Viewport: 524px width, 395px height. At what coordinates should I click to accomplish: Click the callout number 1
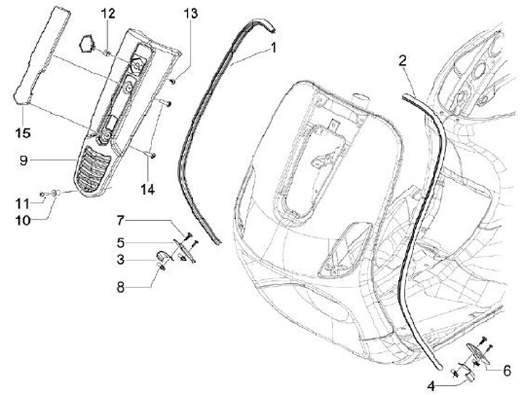coord(274,49)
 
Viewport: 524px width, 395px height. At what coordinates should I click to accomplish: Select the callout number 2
coord(402,60)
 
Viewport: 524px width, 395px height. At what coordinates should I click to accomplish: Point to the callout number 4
coord(432,385)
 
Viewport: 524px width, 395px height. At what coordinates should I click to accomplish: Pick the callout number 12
coord(107,13)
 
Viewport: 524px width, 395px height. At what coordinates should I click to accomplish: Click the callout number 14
coord(148,189)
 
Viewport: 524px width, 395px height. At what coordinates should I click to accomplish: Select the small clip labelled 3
coord(164,254)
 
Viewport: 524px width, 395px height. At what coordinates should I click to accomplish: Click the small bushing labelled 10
coord(56,193)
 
